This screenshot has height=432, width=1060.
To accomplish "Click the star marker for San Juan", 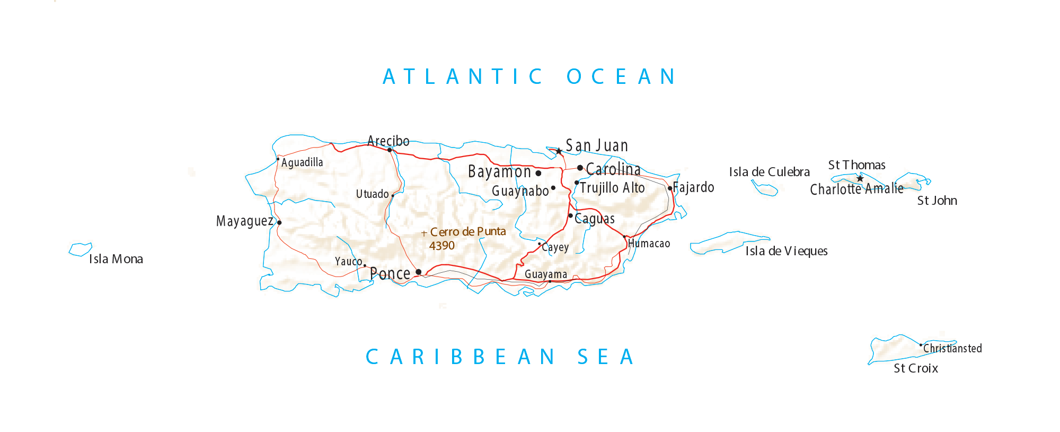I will (x=559, y=151).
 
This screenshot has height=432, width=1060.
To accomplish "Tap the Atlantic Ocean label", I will (x=529, y=77).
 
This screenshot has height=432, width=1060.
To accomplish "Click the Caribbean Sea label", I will (x=500, y=357).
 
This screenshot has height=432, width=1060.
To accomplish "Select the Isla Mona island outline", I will (x=80, y=249).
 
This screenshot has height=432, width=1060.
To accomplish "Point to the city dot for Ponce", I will (x=419, y=272).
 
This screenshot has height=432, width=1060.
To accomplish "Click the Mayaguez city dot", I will (x=279, y=222).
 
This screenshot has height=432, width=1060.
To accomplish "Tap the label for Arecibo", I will (x=388, y=141).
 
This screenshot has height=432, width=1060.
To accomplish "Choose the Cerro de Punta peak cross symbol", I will (x=424, y=233).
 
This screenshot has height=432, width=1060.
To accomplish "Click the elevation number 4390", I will (x=442, y=246).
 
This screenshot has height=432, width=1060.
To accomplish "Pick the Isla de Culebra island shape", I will (x=765, y=188).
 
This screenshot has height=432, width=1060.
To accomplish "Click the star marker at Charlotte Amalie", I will (x=860, y=178).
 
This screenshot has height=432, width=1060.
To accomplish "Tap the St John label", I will (x=937, y=201).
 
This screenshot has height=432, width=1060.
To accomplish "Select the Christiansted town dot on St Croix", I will (x=921, y=345).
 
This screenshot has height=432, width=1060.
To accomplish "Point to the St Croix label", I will (x=915, y=368).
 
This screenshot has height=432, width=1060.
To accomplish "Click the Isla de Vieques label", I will (x=786, y=251).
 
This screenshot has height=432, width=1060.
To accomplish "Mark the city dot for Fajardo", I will (x=670, y=188).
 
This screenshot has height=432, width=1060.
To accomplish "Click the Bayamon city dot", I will (x=538, y=173).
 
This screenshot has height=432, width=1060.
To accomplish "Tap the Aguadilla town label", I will (x=302, y=162).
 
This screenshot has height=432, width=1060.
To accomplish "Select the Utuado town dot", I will (x=393, y=195).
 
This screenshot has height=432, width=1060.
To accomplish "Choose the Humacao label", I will (x=649, y=244).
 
